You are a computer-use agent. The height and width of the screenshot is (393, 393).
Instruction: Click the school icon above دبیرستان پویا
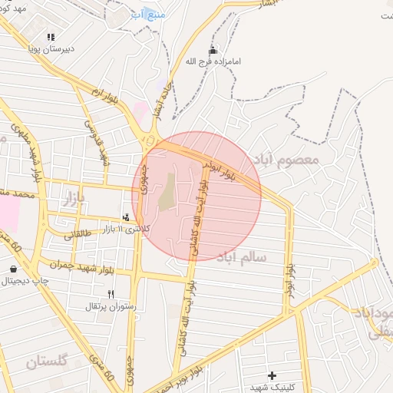[x=51, y=36]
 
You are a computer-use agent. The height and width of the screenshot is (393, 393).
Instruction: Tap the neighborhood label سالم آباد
[x=241, y=257]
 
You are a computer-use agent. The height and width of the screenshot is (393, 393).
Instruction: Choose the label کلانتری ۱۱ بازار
[x=127, y=229]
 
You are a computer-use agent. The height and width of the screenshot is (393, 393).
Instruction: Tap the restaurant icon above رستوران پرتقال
[x=111, y=294]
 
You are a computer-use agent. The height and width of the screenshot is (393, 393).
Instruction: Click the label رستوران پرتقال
[x=111, y=306]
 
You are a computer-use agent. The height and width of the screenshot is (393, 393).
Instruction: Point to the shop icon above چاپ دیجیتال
[x=14, y=269]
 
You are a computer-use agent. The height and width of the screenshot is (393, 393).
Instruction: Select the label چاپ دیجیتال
[x=25, y=281]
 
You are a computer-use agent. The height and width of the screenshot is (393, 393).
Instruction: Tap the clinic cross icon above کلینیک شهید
[x=272, y=375]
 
